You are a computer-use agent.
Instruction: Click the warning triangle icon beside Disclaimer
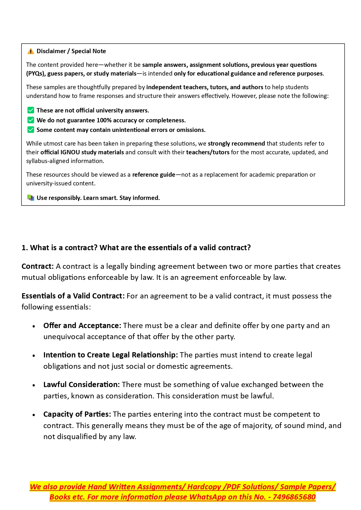coord(31,51)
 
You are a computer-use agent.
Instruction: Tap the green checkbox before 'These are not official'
coord(31,110)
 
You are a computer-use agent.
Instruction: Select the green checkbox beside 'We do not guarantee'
coord(31,120)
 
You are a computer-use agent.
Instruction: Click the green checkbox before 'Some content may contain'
coord(31,130)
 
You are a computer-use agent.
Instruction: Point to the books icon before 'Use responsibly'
coord(31,198)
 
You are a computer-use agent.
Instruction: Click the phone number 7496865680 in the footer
coord(294,497)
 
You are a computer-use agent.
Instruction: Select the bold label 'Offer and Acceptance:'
coord(82,325)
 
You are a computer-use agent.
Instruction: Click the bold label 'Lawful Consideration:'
coord(81,384)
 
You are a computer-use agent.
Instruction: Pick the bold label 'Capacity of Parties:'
coord(77,414)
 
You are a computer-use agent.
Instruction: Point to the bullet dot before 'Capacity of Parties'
coord(34,415)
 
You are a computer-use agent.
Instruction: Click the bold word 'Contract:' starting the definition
coord(38,266)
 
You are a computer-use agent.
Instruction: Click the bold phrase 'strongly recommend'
coord(236,144)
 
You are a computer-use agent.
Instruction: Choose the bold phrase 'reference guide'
coord(154,175)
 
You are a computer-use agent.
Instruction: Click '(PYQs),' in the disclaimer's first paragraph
coord(36,74)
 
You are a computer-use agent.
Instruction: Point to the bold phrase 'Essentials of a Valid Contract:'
coord(73,296)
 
